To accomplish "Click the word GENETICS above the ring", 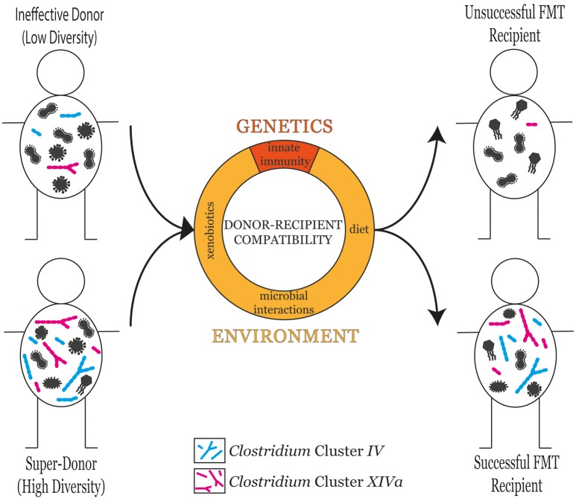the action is (x=285, y=127).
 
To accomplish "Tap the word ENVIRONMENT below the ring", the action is (x=285, y=336).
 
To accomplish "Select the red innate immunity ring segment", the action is (x=285, y=157).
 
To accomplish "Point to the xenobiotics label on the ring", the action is (x=210, y=230).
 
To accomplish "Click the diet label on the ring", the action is (x=358, y=229).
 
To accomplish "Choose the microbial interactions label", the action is (x=284, y=302).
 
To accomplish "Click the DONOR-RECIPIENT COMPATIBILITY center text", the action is (x=283, y=232).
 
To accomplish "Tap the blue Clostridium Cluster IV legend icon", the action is (x=209, y=450).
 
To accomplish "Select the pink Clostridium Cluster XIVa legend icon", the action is (x=209, y=480).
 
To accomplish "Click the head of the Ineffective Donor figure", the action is (x=60, y=72).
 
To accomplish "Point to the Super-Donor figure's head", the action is (x=61, y=281).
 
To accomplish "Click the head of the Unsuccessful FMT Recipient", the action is (x=513, y=72).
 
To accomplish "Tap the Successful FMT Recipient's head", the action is (x=515, y=281).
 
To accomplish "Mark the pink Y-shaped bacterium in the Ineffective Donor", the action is (x=63, y=167).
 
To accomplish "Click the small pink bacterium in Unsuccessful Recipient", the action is (x=531, y=124).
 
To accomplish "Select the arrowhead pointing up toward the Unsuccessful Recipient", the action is (x=437, y=135).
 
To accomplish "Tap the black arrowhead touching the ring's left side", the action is (x=186, y=229).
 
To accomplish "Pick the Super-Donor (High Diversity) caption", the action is (x=61, y=475).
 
